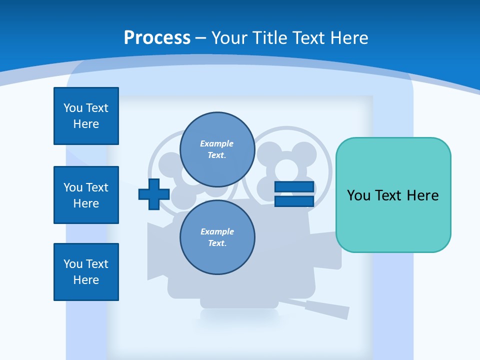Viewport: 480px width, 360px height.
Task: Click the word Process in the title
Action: [157, 38]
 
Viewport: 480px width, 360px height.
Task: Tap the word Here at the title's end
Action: [348, 38]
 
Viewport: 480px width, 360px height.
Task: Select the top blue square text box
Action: [86, 116]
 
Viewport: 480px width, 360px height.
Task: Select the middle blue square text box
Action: [86, 195]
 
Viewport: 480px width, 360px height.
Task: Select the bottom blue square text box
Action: [86, 272]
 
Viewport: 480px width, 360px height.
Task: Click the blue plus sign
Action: [153, 194]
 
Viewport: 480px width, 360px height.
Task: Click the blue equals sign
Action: [294, 194]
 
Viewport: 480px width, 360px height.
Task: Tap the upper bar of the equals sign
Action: [294, 187]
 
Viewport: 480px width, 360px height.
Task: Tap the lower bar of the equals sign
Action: [294, 201]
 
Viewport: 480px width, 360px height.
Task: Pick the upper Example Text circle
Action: [217, 149]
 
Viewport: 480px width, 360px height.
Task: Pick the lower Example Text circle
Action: [217, 237]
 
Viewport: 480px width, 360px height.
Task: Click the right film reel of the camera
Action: [287, 165]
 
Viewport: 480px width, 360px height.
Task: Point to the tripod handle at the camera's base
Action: [320, 307]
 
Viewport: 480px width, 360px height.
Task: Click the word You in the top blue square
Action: [72, 108]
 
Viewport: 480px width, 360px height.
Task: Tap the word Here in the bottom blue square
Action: [86, 280]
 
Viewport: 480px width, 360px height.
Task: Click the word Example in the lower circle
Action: [217, 231]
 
